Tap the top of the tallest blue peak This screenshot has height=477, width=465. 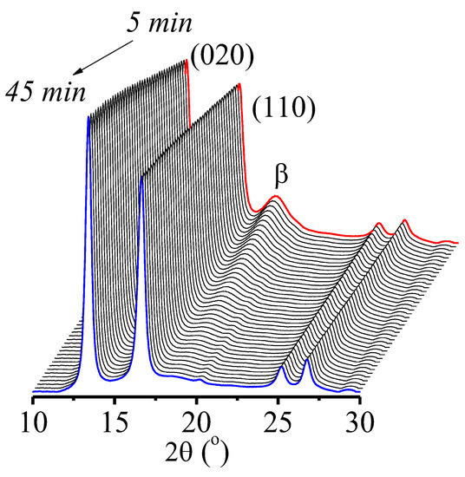click(88, 119)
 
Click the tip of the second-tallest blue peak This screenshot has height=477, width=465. click(141, 176)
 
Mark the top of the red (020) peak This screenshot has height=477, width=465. click(187, 60)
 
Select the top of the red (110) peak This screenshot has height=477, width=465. click(239, 85)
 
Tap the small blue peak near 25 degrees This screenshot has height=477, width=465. click(282, 368)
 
